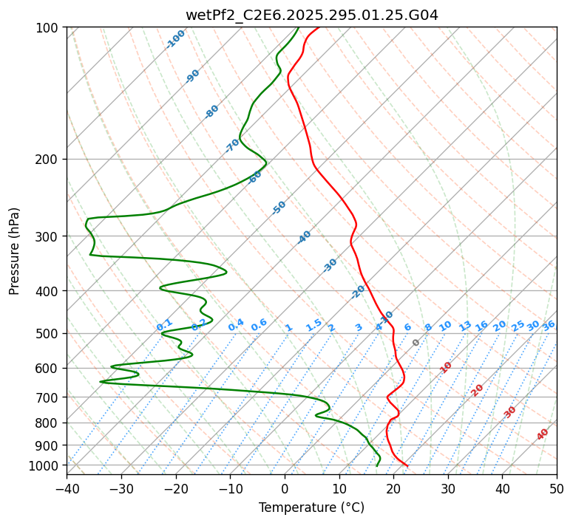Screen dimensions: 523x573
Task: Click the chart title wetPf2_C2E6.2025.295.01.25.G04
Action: click(x=311, y=15)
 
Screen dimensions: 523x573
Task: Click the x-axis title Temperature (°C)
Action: click(x=311, y=507)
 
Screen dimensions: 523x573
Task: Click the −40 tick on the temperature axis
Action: click(x=67, y=488)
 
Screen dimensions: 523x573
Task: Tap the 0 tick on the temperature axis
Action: click(x=285, y=488)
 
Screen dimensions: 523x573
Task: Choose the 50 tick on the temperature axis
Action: click(x=557, y=488)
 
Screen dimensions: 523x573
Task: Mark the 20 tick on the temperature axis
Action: click(x=393, y=488)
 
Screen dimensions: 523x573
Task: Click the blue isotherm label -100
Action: click(x=176, y=39)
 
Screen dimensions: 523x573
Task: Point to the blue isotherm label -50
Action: click(x=279, y=208)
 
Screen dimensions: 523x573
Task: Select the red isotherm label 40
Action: click(x=543, y=434)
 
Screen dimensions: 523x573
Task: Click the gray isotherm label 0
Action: click(x=416, y=343)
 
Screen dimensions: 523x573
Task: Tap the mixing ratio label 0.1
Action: click(x=164, y=325)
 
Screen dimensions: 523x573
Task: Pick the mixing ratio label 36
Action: click(x=549, y=325)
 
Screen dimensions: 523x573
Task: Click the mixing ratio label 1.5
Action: click(x=313, y=325)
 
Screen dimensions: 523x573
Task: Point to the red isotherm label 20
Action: click(x=478, y=389)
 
